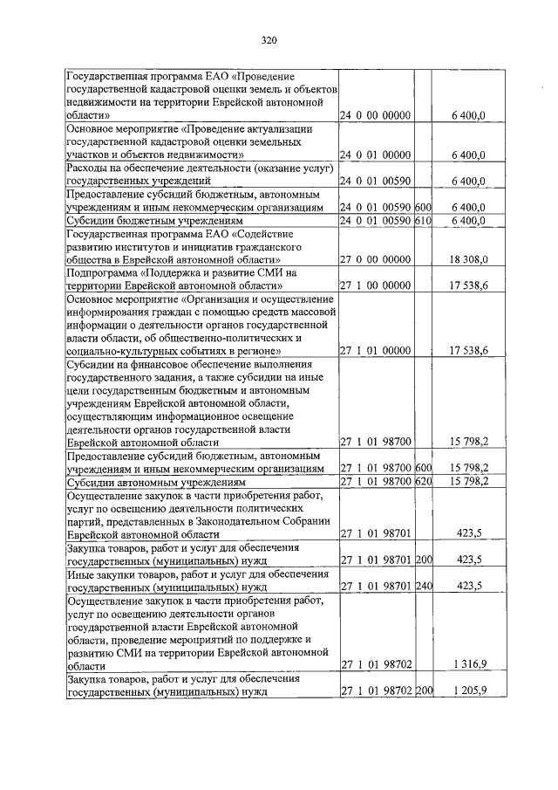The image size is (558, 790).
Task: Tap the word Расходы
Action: point(90,168)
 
